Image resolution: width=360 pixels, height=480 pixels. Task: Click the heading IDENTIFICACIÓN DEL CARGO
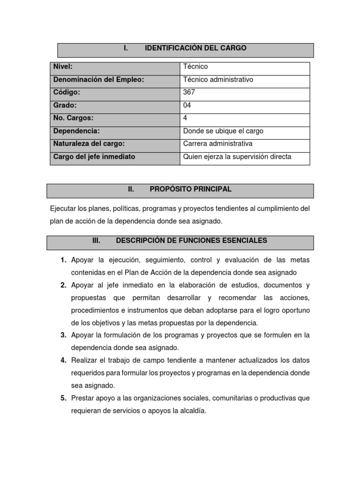pyautogui.click(x=195, y=48)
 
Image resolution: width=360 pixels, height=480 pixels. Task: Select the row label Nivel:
pyautogui.click(x=63, y=67)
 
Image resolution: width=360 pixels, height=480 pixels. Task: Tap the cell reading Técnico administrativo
pyautogui.click(x=218, y=80)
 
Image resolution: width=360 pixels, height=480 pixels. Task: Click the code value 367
pyautogui.click(x=189, y=92)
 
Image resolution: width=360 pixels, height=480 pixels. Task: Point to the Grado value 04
pyautogui.click(x=187, y=105)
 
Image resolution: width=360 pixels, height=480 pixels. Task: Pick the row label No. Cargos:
pyautogui.click(x=74, y=118)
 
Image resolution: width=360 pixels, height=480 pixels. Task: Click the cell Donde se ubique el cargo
pyautogui.click(x=223, y=131)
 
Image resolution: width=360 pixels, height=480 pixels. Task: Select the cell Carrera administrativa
pyautogui.click(x=217, y=144)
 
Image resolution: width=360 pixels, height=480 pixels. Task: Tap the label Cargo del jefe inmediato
pyautogui.click(x=94, y=157)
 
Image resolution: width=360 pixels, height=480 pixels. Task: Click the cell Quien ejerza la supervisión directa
pyautogui.click(x=237, y=157)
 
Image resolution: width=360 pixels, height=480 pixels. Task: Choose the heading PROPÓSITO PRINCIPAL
pyautogui.click(x=190, y=189)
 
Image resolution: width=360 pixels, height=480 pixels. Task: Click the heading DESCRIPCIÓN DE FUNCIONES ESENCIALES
pyautogui.click(x=191, y=240)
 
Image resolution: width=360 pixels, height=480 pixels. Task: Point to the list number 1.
pyautogui.click(x=63, y=260)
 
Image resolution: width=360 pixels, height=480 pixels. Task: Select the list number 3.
pyautogui.click(x=63, y=335)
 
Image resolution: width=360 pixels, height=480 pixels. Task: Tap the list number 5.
pyautogui.click(x=63, y=398)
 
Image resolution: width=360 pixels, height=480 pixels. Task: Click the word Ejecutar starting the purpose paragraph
pyautogui.click(x=63, y=209)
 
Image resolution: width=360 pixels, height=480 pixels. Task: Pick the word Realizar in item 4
pyautogui.click(x=84, y=360)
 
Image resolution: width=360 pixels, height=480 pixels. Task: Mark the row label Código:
pyautogui.click(x=67, y=92)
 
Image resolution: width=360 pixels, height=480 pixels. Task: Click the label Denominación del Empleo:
pyautogui.click(x=98, y=80)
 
